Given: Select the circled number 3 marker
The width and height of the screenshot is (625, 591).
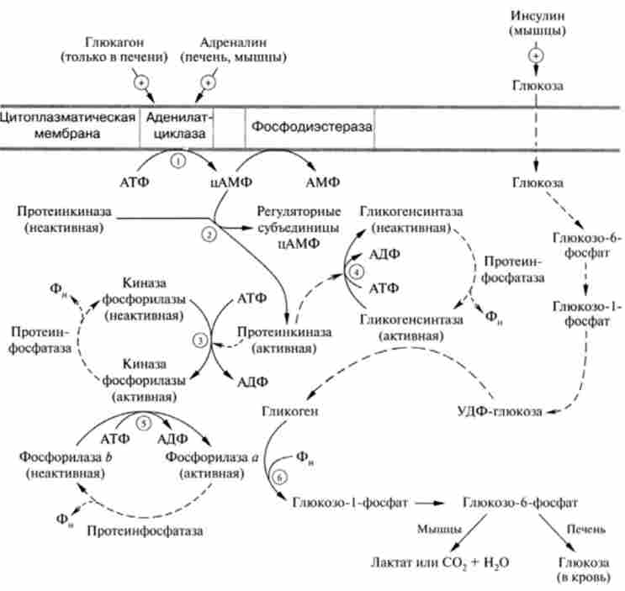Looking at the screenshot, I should pos(199,340).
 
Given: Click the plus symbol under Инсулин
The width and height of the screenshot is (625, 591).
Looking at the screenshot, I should pos(535,55).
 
